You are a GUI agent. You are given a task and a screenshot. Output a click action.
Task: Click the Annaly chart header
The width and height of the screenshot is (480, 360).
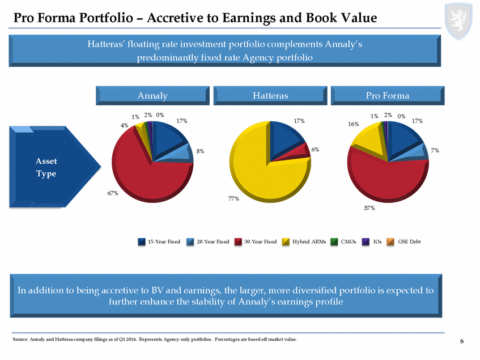pyautogui.click(x=152, y=96)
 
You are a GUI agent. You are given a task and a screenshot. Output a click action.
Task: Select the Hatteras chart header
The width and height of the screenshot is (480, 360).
pyautogui.click(x=270, y=96)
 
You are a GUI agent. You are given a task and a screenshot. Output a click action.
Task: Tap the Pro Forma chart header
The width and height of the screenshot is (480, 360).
pyautogui.click(x=388, y=96)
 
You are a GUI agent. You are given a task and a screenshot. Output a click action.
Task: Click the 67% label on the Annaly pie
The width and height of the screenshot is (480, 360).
pyautogui.click(x=112, y=193)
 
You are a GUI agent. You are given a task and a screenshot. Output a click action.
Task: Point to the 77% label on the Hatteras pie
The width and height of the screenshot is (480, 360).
pyautogui.click(x=233, y=199)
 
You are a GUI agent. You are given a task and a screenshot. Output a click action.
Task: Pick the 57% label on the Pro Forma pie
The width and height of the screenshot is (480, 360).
pyautogui.click(x=369, y=208)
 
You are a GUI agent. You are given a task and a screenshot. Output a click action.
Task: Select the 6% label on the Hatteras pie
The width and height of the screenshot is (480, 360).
pyautogui.click(x=315, y=150)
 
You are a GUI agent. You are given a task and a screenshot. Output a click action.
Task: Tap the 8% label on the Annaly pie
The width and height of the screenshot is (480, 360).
pyautogui.click(x=201, y=151)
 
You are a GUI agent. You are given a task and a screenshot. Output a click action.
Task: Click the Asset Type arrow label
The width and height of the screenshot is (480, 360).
pyautogui.click(x=46, y=167)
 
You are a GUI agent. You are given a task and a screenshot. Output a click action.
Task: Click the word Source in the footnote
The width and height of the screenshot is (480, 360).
pyautogui.click(x=19, y=340)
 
